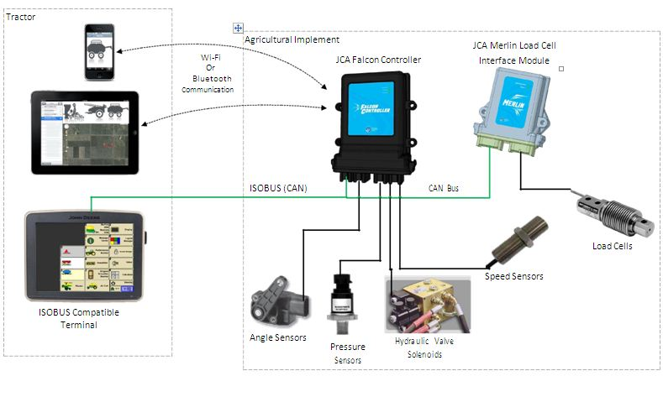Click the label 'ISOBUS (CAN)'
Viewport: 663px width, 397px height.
(278, 187)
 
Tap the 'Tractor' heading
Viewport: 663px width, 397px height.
(21, 17)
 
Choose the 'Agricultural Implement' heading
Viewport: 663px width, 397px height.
(292, 39)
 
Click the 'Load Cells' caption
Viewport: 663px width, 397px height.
(613, 247)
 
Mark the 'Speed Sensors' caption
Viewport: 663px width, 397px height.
(514, 276)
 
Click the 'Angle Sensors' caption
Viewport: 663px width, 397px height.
(278, 337)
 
